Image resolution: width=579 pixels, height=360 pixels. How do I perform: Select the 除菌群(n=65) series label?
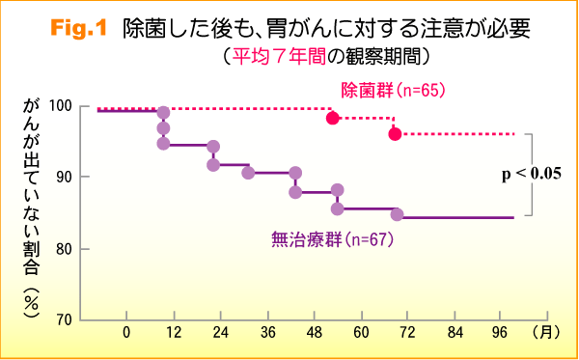(393, 91)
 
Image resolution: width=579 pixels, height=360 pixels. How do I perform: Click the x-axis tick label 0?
(126, 333)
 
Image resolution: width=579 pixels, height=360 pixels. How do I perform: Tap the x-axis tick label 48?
(315, 333)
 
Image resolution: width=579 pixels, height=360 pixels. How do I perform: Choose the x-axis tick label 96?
(502, 333)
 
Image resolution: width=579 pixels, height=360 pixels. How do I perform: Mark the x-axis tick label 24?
(220, 333)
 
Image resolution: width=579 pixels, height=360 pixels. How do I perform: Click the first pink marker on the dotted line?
(333, 118)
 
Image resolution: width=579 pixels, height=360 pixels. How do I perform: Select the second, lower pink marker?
(395, 133)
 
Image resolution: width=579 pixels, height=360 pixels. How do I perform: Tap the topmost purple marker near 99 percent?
(163, 113)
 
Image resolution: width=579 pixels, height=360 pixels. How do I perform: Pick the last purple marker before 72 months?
(397, 213)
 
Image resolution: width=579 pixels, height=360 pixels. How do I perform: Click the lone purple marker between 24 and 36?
(248, 173)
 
